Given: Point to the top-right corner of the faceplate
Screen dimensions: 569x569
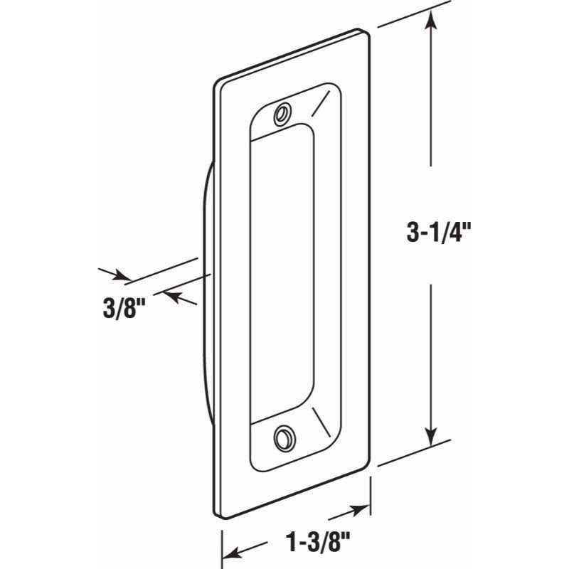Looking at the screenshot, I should (x=367, y=32).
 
